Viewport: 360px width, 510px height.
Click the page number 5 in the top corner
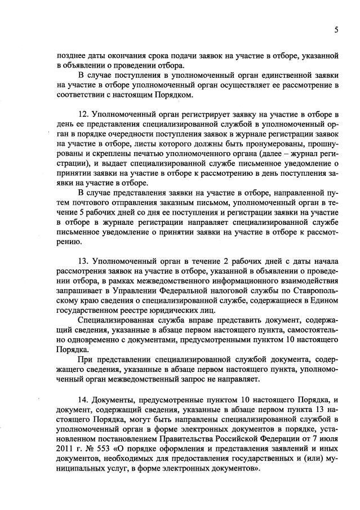coord(336,30)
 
